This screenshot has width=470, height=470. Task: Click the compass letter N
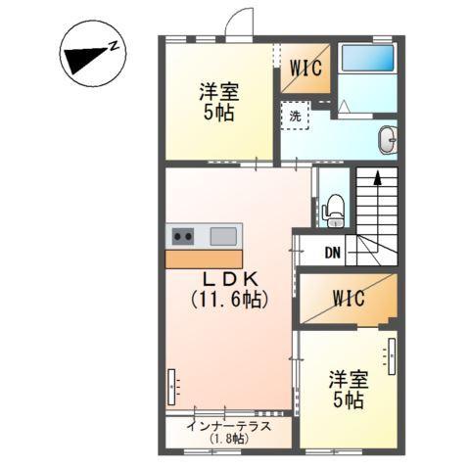[115, 46]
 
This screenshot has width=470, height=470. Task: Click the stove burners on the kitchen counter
[183, 235]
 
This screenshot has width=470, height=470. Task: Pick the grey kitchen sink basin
[222, 235]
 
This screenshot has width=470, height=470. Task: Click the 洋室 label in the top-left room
[218, 91]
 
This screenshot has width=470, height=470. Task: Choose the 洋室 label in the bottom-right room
[348, 378]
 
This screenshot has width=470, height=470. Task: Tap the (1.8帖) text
[228, 440]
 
